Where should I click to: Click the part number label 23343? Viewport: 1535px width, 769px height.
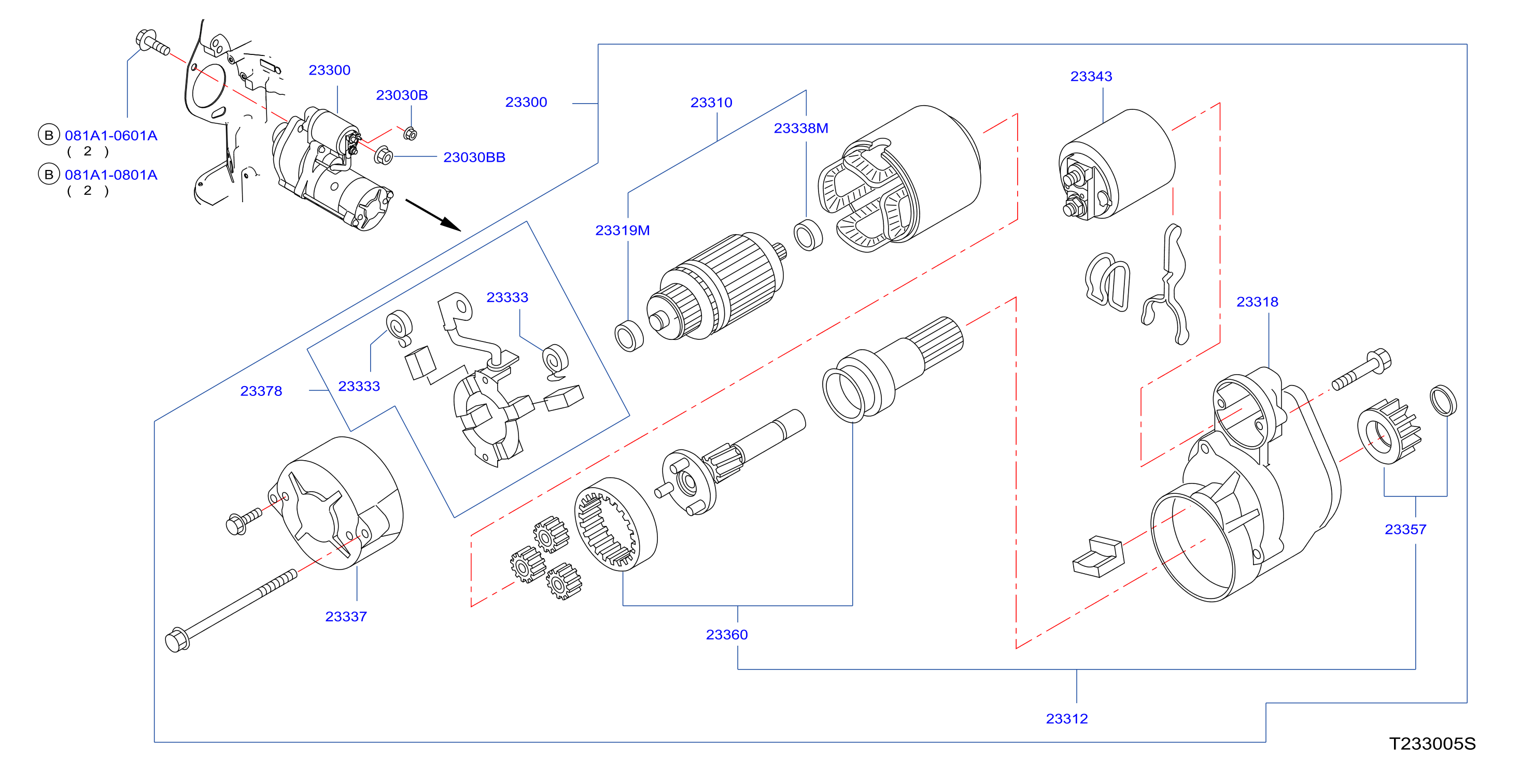coord(1091,76)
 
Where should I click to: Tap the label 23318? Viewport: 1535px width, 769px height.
coord(1257,302)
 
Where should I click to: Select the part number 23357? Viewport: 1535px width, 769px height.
coord(1405,529)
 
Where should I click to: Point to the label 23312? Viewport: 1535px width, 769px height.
coord(1067,718)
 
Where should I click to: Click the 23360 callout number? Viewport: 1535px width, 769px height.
coord(726,634)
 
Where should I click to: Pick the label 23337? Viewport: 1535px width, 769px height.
coord(346,616)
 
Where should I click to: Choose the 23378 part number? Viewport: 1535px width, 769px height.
coord(261,391)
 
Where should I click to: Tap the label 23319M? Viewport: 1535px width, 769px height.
coord(622,230)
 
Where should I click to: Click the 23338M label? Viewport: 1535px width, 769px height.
coord(801,128)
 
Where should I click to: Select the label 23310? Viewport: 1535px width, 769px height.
coord(711,103)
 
